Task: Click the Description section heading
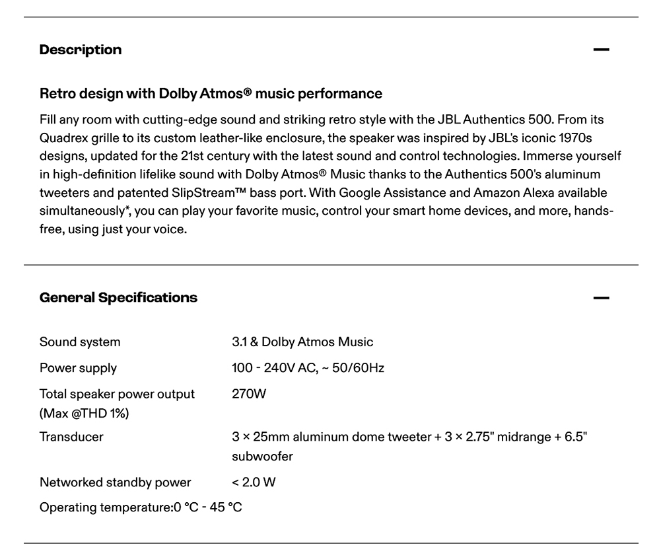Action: (81, 50)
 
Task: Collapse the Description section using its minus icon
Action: (601, 50)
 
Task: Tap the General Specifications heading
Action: (118, 297)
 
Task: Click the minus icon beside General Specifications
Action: (601, 298)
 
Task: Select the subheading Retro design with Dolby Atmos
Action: (211, 93)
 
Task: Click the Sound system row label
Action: (80, 342)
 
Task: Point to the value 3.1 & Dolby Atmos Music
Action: (302, 342)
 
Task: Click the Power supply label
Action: (78, 368)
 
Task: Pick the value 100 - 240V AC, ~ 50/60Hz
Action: (308, 368)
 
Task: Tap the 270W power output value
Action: (249, 394)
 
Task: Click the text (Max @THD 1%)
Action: (85, 414)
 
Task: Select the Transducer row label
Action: (71, 436)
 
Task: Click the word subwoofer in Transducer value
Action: (262, 456)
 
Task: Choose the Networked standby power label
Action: (115, 482)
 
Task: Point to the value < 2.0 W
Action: (254, 482)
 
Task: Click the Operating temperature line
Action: (141, 508)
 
